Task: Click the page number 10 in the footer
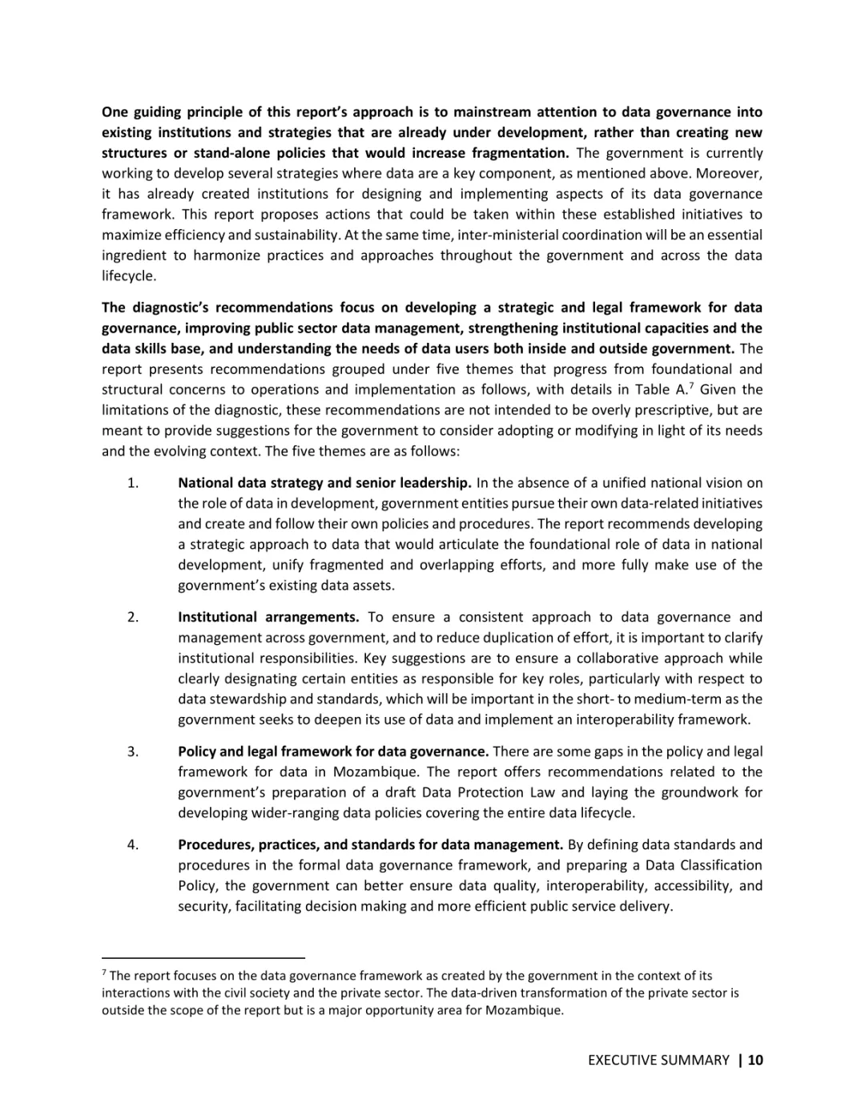click(x=756, y=1060)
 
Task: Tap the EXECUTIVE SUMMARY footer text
click(x=658, y=1060)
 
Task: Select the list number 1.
click(x=132, y=483)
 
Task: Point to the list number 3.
click(x=132, y=751)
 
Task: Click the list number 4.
click(x=132, y=844)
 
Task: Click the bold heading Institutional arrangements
click(x=268, y=617)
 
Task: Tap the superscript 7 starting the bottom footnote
click(x=104, y=973)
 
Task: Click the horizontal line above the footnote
click(x=203, y=957)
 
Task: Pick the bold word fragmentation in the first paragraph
click(x=521, y=153)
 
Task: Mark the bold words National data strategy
click(x=251, y=483)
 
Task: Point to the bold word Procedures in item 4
click(x=211, y=844)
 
